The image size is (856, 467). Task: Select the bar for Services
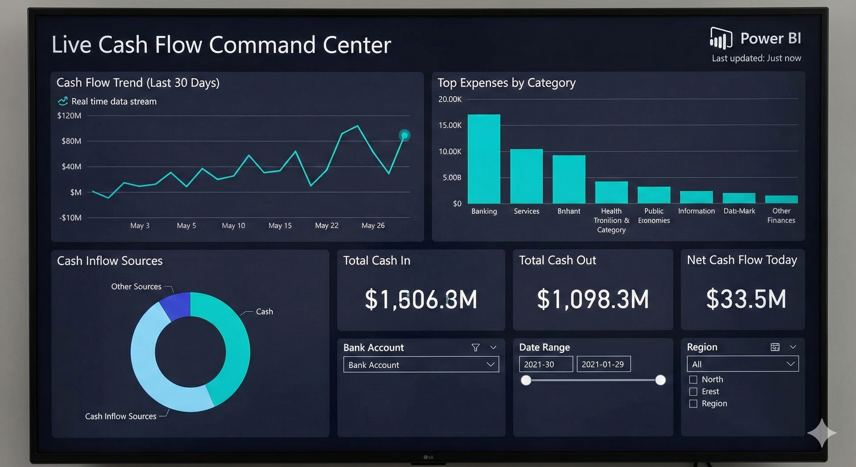(526, 176)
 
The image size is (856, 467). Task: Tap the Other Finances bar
(781, 199)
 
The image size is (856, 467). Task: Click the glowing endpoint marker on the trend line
(404, 135)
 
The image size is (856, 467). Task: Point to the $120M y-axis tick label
(69, 116)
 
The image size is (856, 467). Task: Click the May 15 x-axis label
(280, 225)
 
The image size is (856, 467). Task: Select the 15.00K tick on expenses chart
(450, 125)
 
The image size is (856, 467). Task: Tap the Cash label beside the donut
(264, 311)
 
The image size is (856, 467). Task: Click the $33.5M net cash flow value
(746, 299)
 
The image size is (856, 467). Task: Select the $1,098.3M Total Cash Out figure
(592, 299)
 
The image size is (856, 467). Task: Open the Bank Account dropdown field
(421, 365)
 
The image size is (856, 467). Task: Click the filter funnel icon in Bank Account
(475, 347)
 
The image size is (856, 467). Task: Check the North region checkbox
(693, 379)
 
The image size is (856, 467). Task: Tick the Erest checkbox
(693, 392)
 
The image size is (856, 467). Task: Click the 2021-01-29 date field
(603, 364)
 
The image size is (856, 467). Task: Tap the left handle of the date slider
(526, 380)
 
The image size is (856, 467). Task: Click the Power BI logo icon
(721, 39)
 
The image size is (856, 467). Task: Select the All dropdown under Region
(742, 364)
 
